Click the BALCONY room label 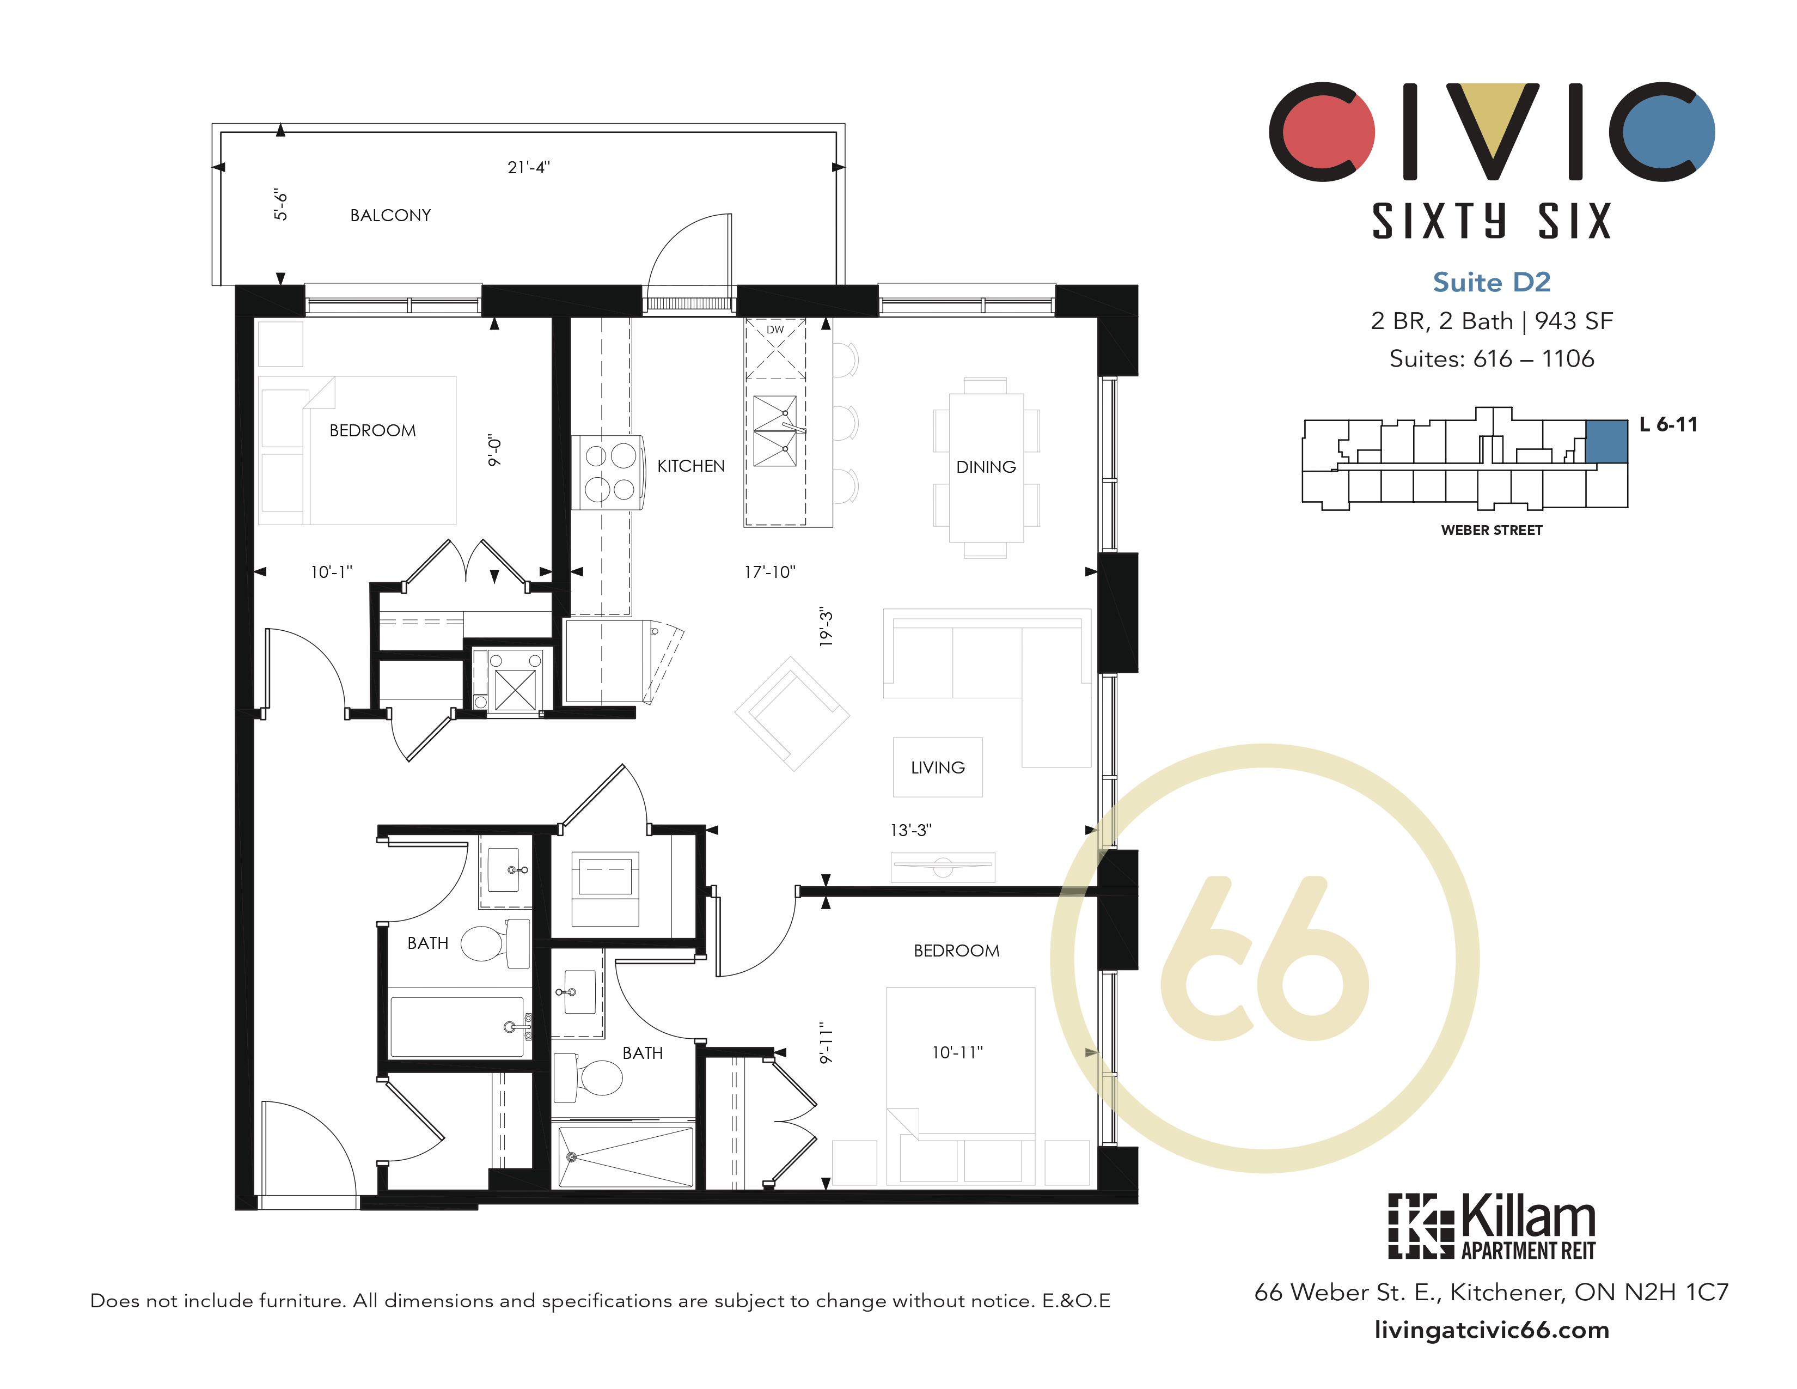coord(390,216)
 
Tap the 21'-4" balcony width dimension coord(528,168)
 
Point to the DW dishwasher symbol coord(775,330)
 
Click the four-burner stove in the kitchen coord(610,473)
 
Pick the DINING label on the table coord(986,467)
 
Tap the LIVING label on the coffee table coord(937,767)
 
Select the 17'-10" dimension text coord(769,572)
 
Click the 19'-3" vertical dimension coord(826,627)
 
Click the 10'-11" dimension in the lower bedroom coord(957,1052)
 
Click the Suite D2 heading coord(1491,282)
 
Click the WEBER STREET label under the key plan coord(1491,531)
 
